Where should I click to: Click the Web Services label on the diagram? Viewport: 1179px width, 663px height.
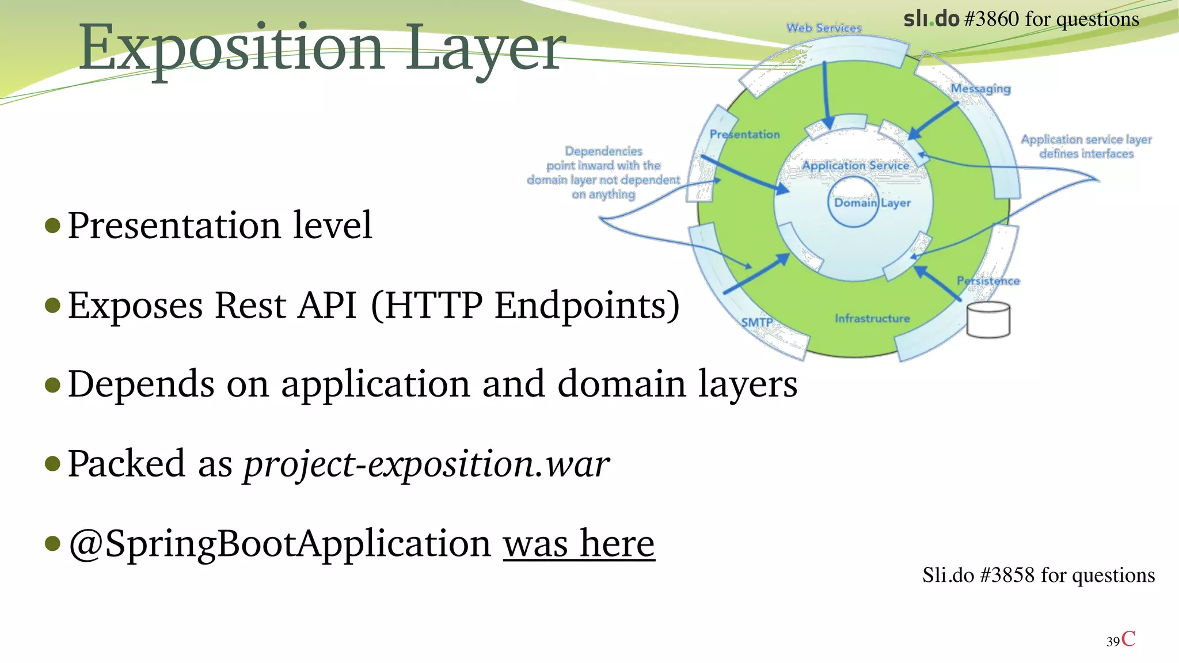click(824, 28)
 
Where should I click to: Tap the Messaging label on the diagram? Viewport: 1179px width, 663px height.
click(980, 89)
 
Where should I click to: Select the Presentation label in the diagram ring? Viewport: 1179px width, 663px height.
click(744, 134)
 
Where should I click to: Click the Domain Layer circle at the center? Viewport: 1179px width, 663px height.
click(854, 202)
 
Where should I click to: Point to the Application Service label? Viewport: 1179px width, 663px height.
click(855, 166)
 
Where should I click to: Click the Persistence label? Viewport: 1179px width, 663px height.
click(988, 281)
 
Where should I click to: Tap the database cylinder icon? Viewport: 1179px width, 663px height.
click(988, 320)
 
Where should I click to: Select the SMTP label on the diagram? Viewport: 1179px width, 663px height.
click(756, 322)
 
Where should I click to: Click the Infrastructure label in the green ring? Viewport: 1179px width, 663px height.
click(872, 318)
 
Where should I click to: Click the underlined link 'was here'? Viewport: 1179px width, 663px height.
click(579, 543)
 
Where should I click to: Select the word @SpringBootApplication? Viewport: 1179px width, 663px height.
click(279, 543)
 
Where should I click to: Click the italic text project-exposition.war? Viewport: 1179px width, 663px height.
click(426, 464)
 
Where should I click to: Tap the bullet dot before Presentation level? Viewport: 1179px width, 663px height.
click(52, 225)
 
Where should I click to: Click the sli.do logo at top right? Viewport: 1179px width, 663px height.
click(931, 19)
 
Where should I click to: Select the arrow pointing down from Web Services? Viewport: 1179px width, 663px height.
click(826, 95)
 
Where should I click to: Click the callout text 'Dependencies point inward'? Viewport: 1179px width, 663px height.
click(603, 173)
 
